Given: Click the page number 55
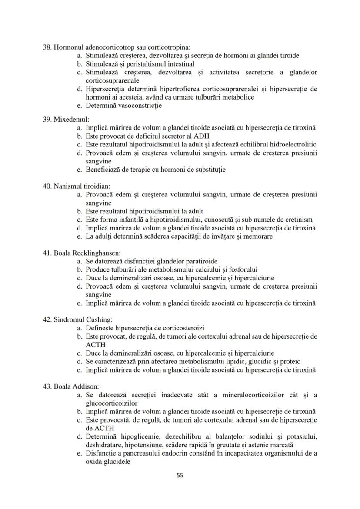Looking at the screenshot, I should tap(180, 475).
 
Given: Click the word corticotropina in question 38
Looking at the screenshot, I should tap(167, 47).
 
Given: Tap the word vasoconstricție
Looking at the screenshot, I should tap(139, 106).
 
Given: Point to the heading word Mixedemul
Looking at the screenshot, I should tap(70, 119).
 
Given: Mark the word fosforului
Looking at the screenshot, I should tap(242, 269).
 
